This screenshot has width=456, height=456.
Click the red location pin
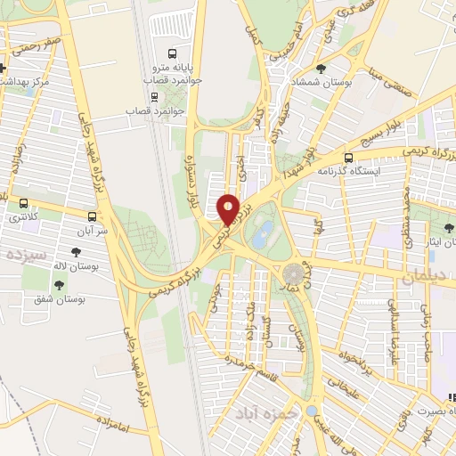click(x=228, y=210)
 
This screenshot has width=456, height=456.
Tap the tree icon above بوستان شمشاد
click(x=321, y=67)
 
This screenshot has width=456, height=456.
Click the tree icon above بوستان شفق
click(x=59, y=285)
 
